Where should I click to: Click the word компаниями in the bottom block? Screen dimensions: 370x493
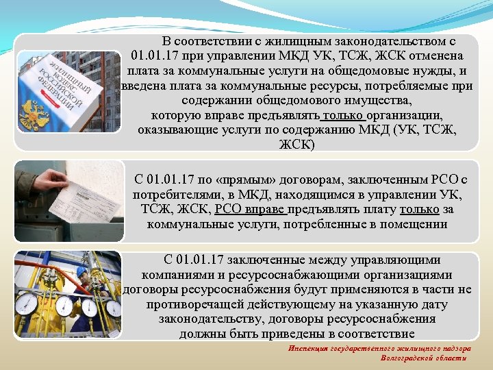point(175,275)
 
